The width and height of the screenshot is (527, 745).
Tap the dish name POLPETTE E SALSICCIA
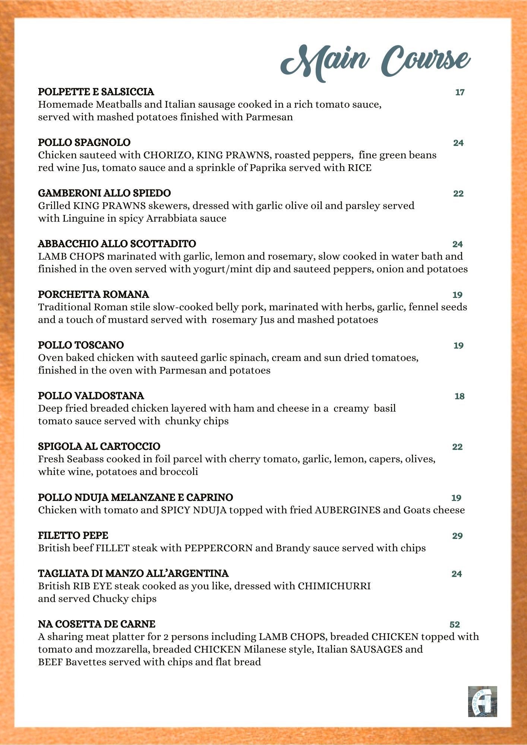tap(96, 92)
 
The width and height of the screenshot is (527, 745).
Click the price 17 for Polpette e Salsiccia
tap(460, 92)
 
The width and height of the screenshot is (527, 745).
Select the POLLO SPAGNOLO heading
tap(84, 142)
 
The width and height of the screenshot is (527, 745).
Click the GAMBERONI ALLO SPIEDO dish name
tap(104, 193)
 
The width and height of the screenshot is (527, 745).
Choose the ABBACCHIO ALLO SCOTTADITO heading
tap(117, 244)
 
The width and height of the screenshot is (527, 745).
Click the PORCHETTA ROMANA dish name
tap(93, 294)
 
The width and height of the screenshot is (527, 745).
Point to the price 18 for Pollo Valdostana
tap(459, 396)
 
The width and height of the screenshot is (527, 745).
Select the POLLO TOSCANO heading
tap(81, 345)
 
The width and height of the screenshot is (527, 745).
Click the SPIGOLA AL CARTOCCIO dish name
tap(99, 446)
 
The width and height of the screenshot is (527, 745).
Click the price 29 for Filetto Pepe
tap(457, 536)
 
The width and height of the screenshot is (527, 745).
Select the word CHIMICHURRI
tap(334, 586)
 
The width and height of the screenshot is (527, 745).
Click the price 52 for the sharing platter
tap(455, 625)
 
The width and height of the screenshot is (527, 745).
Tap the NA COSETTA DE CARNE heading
tap(97, 624)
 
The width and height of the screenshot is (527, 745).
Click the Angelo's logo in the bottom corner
tap(482, 701)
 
